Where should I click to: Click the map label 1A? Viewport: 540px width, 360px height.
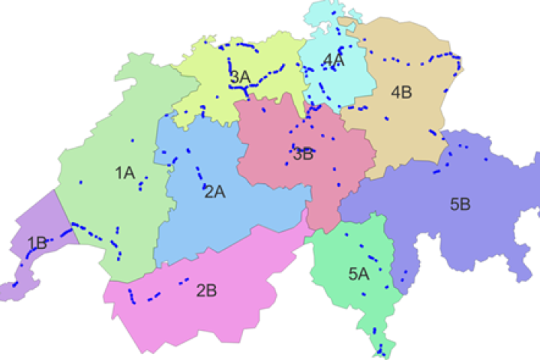click(x=124, y=173)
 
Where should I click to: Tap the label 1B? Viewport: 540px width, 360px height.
click(x=37, y=242)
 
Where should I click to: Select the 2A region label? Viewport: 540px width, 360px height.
click(x=214, y=191)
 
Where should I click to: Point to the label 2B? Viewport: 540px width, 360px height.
click(x=206, y=291)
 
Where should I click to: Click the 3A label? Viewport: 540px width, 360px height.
click(x=240, y=76)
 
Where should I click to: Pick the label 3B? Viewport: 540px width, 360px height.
click(x=303, y=155)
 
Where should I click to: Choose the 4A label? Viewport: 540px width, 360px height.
click(x=333, y=61)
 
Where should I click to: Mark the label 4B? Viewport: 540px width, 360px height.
click(x=401, y=92)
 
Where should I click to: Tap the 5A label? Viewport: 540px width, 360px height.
click(x=358, y=274)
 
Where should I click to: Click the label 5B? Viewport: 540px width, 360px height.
click(x=460, y=203)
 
